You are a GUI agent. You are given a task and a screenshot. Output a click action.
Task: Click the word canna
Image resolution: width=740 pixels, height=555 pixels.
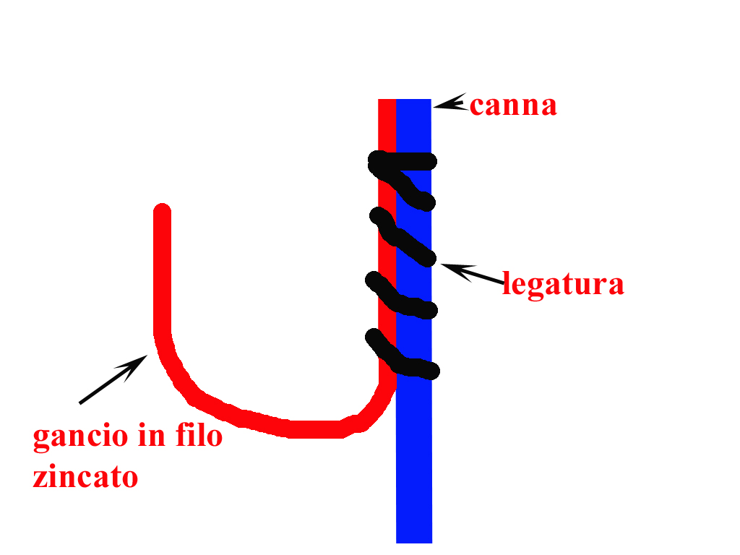[513, 106]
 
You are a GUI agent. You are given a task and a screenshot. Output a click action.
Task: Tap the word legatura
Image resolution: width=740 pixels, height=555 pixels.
[563, 284]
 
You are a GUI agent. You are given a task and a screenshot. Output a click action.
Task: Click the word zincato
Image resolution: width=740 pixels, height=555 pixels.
[85, 477]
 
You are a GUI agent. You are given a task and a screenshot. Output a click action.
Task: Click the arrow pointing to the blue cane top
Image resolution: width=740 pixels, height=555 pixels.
[449, 104]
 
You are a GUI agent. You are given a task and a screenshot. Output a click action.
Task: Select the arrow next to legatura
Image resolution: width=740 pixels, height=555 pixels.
[471, 274]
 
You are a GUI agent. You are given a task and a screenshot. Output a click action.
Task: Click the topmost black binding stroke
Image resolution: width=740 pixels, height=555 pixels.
[403, 160]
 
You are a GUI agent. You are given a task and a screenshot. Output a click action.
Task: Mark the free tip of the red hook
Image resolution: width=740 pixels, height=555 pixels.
[162, 212]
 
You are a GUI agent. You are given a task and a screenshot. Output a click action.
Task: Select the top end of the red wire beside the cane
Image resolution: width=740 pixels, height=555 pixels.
[387, 104]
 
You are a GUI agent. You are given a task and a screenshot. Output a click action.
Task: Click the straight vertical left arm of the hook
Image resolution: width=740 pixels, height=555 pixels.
[162, 275]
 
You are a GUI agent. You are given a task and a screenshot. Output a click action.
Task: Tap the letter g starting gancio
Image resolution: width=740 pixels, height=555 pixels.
[40, 439]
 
